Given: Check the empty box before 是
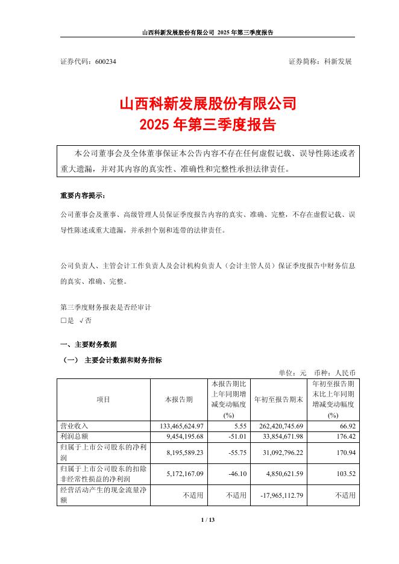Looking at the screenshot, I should [x=63, y=321].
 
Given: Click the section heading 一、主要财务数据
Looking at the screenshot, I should [x=88, y=345].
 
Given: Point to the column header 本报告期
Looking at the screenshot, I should [x=179, y=399].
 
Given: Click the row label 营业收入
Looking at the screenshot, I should [x=75, y=426].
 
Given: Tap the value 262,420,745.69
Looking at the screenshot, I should [x=275, y=426].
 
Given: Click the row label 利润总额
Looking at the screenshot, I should [x=75, y=436].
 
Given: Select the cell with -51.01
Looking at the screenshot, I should [x=236, y=436].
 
